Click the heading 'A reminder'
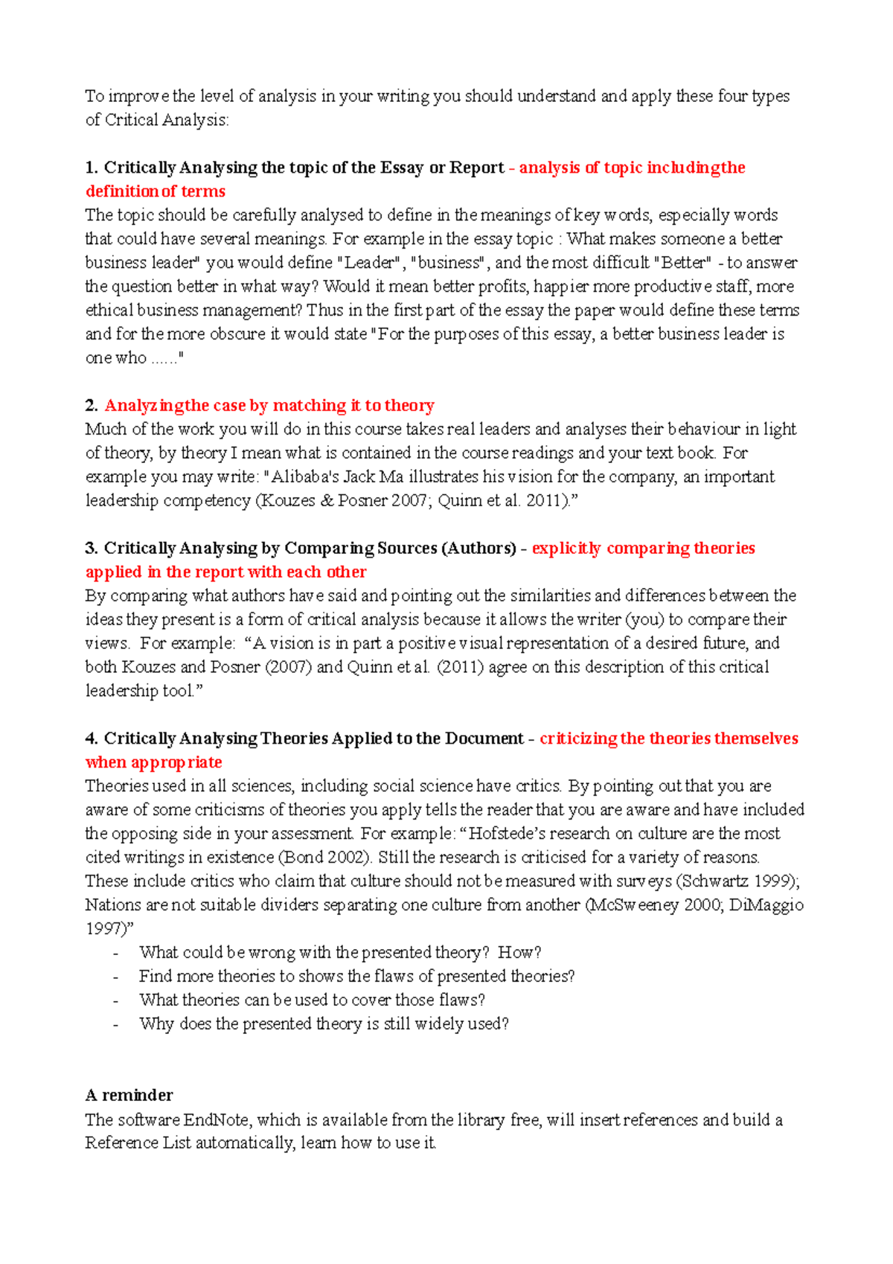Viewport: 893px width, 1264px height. coord(129,1095)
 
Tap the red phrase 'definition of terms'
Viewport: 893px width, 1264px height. coord(156,191)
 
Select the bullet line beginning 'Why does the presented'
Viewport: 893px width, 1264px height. coord(324,1024)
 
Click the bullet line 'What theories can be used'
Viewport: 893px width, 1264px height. coord(312,1000)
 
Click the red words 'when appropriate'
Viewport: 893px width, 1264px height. coord(154,762)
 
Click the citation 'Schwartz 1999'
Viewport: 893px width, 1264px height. coord(736,881)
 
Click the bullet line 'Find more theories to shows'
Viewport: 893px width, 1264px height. coord(356,976)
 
